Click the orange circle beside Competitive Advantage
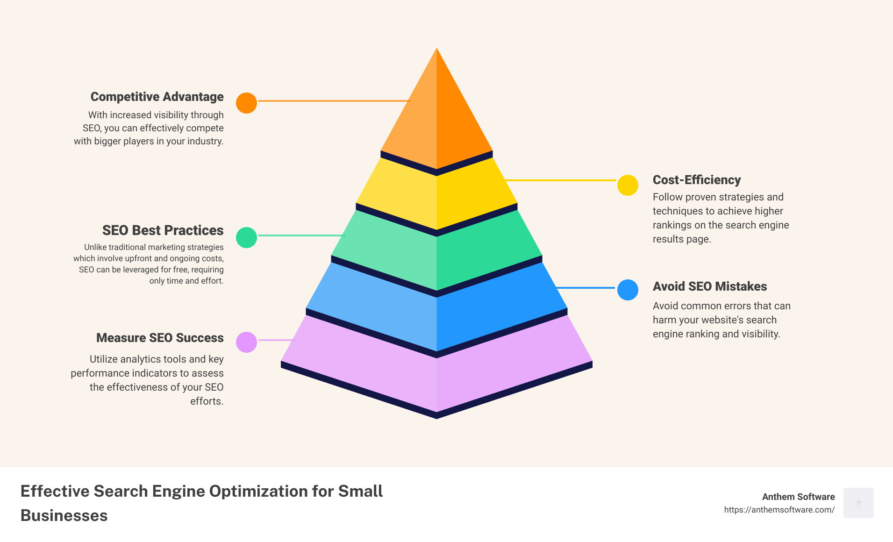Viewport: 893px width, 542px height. coord(246,103)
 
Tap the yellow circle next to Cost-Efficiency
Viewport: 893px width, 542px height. coord(628,185)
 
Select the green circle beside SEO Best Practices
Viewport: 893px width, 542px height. coord(246,237)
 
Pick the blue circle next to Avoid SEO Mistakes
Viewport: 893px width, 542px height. coord(628,290)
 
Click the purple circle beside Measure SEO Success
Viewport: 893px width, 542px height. coord(246,342)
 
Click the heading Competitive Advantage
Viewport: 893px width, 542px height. coord(157,97)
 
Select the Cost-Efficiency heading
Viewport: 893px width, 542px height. coord(697,180)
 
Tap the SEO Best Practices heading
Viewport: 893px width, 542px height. coord(163,230)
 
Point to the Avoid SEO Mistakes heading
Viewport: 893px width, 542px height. coord(710,286)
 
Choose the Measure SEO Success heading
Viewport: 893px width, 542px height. coord(160,338)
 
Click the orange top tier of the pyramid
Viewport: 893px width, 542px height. coord(436,117)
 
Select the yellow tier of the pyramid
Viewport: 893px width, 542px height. coord(436,196)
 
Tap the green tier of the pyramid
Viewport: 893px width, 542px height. coord(436,252)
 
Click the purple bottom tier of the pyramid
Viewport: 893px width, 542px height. coord(436,369)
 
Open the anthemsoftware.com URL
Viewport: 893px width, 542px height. coord(779,510)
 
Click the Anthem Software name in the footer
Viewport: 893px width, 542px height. coord(799,497)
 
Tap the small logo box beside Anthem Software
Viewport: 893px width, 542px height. coord(858,503)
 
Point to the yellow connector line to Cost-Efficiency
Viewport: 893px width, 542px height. coord(561,180)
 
